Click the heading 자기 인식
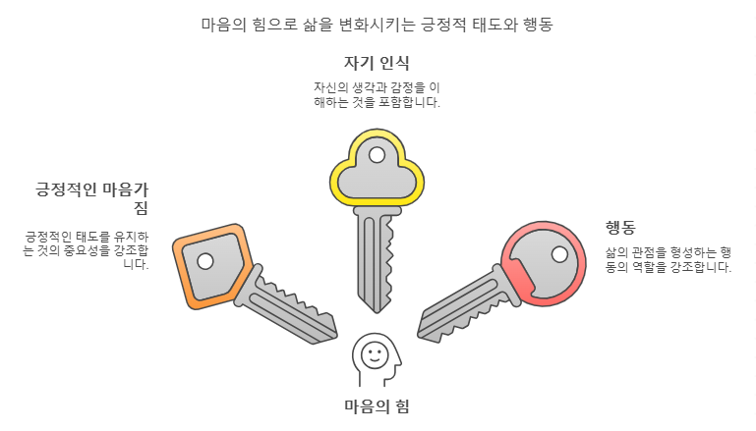coord(377,63)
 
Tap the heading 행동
coord(620,228)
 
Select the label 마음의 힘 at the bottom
coord(377,406)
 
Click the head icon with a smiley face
coord(376,357)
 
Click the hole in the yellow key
coord(377,154)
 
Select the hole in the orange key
coord(204,261)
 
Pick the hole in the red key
coord(559,254)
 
